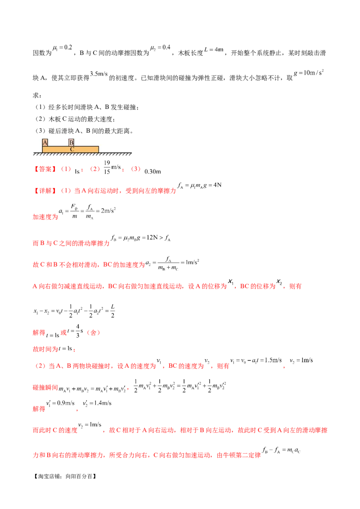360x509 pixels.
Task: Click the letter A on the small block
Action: [x=45, y=142]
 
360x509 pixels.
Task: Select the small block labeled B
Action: [x=71, y=143]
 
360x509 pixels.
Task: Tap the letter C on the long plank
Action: [x=72, y=149]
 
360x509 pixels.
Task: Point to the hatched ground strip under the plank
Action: [x=81, y=154]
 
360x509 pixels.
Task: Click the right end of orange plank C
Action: [x=97, y=149]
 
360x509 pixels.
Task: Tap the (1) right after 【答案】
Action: [x=66, y=170]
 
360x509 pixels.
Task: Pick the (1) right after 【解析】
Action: [x=66, y=190]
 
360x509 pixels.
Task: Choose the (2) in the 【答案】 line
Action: [x=95, y=170]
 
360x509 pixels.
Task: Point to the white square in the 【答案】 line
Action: [x=121, y=171]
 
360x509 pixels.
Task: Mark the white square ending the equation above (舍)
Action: [x=117, y=311]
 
